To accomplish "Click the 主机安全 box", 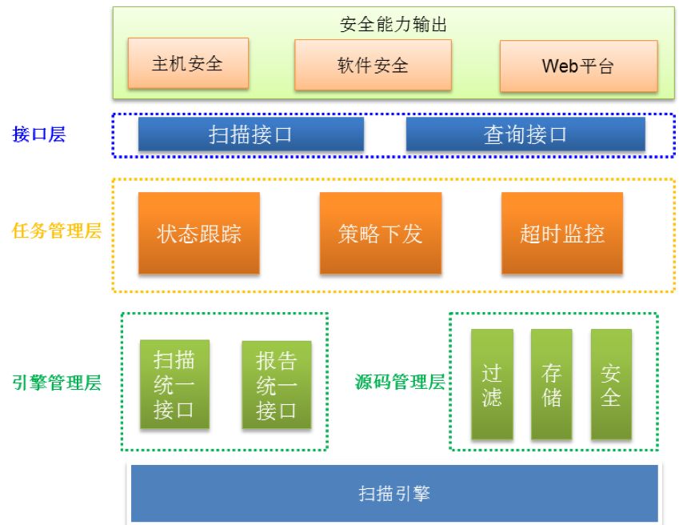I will [x=188, y=64].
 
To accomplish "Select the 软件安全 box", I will [x=373, y=65].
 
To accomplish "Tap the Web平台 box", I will [x=578, y=66].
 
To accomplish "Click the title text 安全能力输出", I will [x=393, y=25].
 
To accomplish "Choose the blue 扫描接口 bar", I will [x=250, y=134].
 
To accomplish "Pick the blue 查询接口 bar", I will [x=525, y=134].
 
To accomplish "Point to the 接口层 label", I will [x=39, y=134].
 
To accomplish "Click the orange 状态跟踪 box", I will [x=199, y=234].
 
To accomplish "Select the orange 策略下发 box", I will [x=380, y=234].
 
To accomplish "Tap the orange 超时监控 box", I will [x=561, y=234].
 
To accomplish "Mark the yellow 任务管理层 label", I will [x=57, y=233].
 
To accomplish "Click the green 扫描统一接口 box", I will [x=174, y=385].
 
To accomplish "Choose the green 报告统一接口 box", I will [x=276, y=386].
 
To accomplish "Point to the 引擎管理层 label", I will [x=57, y=383].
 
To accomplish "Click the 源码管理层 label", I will [x=399, y=382].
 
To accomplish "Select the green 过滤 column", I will [x=492, y=385].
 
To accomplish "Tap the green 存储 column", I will [x=551, y=385].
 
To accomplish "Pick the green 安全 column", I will [x=611, y=385].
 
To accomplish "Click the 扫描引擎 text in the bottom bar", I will [x=394, y=494].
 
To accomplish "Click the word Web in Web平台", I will [x=559, y=66].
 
